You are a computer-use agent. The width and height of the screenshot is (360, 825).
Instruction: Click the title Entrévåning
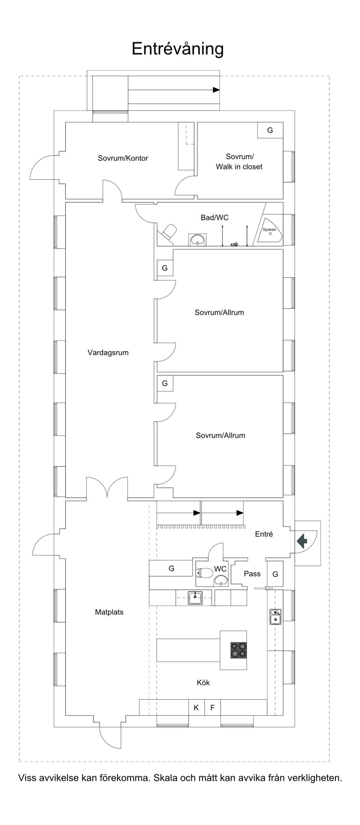(x=177, y=49)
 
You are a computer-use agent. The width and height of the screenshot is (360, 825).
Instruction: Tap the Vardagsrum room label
(x=108, y=353)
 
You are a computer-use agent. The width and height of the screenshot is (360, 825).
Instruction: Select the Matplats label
(x=109, y=612)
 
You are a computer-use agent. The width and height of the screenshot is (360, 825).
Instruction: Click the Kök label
(x=203, y=682)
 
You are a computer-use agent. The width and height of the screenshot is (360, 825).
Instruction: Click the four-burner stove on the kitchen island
(x=238, y=650)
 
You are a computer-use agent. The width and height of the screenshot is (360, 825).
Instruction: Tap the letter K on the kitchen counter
(x=196, y=708)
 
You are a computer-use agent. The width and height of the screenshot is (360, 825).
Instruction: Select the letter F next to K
(x=212, y=708)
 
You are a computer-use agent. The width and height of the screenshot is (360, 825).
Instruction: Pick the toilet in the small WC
(x=204, y=573)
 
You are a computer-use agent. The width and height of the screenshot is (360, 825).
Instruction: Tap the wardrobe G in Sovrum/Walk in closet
(x=270, y=131)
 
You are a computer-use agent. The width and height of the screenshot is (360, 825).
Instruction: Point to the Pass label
(x=252, y=573)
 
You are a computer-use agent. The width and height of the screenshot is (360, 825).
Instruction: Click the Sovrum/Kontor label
(x=123, y=158)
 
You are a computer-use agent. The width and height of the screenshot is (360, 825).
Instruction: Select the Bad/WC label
(x=215, y=217)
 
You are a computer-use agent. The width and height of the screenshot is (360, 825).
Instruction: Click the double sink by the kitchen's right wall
(x=275, y=617)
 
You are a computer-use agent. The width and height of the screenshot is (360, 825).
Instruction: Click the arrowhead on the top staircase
(x=216, y=90)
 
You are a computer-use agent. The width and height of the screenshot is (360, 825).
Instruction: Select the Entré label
(x=264, y=534)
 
